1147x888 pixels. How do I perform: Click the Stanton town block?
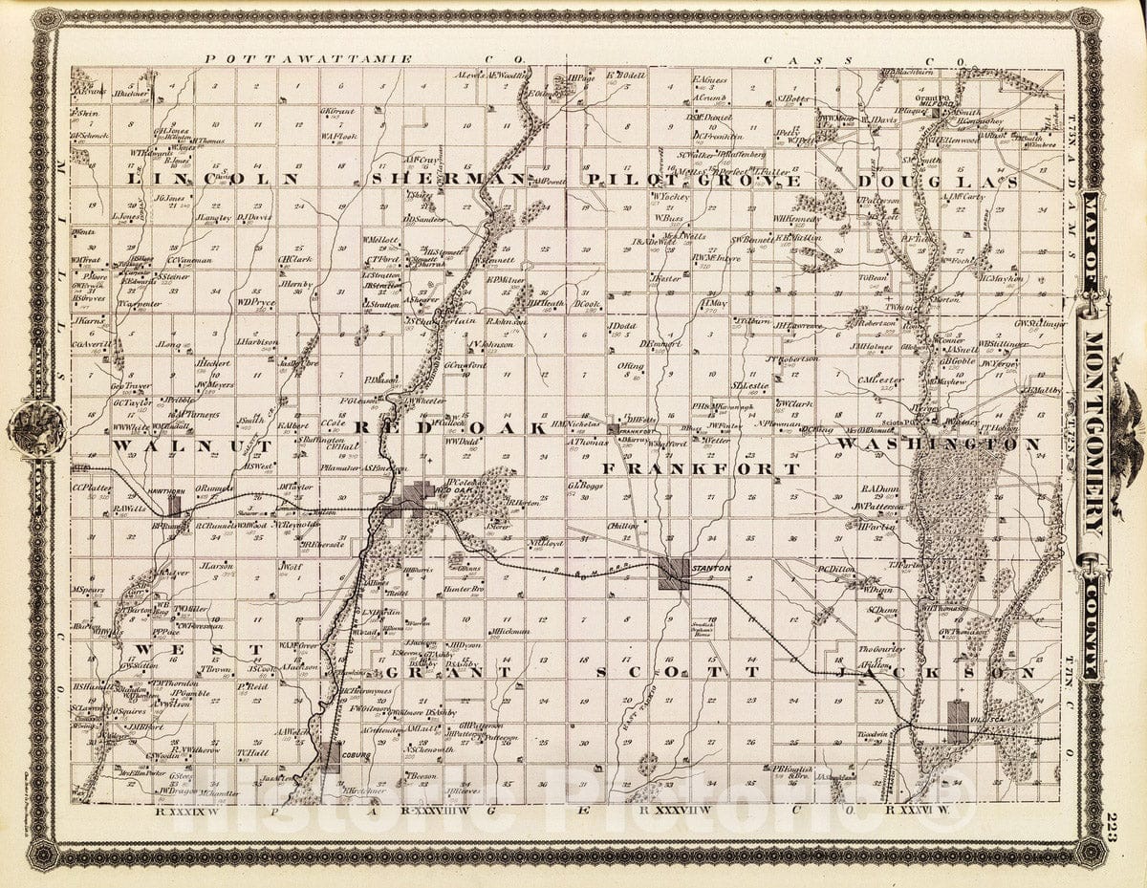point(672,574)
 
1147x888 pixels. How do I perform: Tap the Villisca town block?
point(958,721)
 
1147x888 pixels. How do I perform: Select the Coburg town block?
point(329,756)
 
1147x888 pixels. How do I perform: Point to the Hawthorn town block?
point(175,505)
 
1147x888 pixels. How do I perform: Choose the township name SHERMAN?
point(448,179)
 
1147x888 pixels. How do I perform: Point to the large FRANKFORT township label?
point(701,469)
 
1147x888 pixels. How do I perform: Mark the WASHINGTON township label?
point(939,444)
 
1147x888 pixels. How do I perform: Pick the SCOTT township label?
point(678,672)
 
